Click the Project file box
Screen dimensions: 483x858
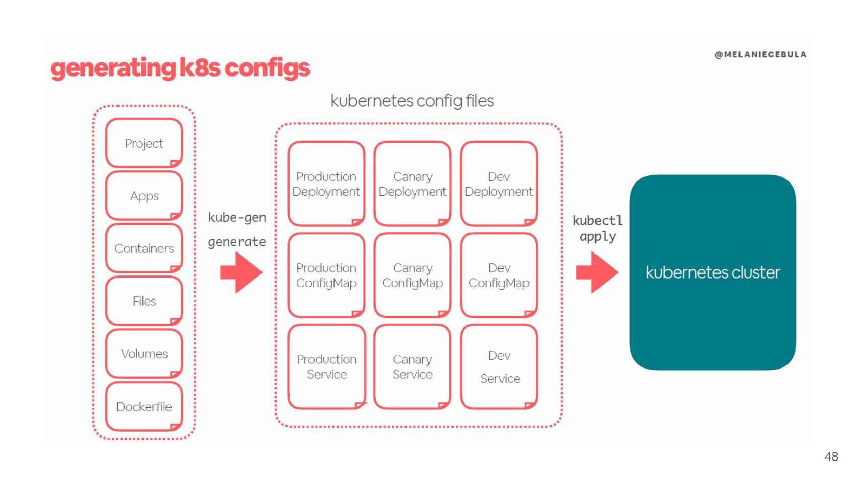coord(144,143)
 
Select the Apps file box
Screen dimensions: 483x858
coord(144,196)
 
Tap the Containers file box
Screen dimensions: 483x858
coord(144,248)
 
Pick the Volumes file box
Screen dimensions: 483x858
coord(144,354)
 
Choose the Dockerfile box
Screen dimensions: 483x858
coord(144,407)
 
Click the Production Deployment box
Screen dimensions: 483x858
coord(326,184)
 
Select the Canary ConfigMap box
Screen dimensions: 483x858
coord(412,275)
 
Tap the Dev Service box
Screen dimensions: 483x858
coord(499,367)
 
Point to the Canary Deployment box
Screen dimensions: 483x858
coord(412,184)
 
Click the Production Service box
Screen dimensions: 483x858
coord(326,367)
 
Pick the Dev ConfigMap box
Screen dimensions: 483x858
coord(499,275)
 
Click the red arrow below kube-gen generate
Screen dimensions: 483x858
coord(241,272)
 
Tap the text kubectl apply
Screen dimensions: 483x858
coord(597,228)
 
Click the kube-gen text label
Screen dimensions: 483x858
coord(237,218)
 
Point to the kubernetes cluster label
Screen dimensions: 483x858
coord(712,272)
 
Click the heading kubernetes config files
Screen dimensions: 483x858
coord(412,101)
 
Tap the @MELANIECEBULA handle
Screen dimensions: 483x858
coord(760,55)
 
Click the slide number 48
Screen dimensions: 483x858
coord(831,456)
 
